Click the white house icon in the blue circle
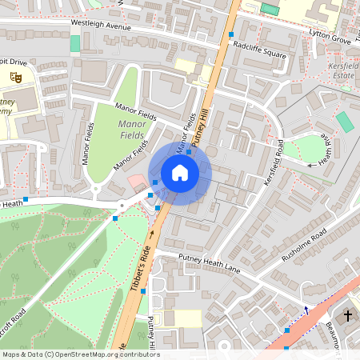point(180,172)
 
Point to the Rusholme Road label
point(304,246)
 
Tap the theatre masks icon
point(15,77)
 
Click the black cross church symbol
point(348,316)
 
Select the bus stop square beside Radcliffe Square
point(231,34)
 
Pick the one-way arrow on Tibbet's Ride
point(152,234)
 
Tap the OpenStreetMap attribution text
point(80,354)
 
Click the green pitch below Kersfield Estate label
point(344,122)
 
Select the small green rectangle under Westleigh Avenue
point(75,43)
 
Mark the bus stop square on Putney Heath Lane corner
point(143,292)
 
